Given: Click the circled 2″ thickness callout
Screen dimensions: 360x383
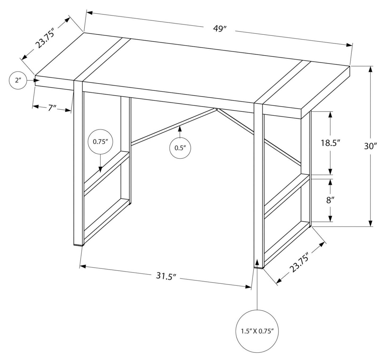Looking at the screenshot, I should [x=18, y=80].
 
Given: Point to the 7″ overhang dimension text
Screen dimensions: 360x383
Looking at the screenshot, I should [x=52, y=108].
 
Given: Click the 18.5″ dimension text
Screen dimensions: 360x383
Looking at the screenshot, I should [x=330, y=143].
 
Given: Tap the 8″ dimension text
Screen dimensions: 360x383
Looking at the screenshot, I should [x=329, y=200].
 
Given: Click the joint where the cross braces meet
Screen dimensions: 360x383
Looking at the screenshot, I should [x=217, y=109].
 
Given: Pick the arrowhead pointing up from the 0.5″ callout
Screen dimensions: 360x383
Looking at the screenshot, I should [x=180, y=129].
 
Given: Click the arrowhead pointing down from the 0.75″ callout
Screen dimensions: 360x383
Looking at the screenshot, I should [x=100, y=169].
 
